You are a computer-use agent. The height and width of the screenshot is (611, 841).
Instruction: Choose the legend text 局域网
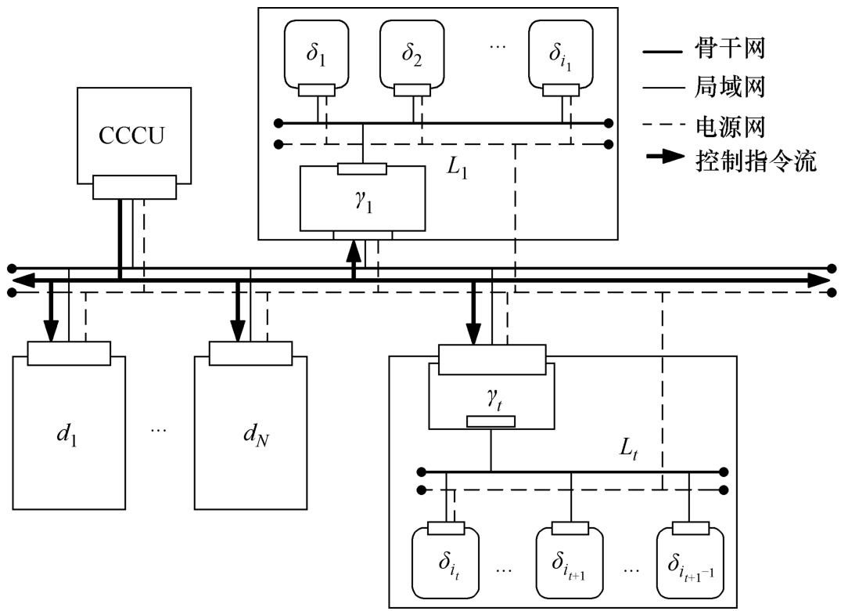(x=730, y=88)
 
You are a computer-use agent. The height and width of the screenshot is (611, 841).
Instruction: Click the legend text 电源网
(x=730, y=125)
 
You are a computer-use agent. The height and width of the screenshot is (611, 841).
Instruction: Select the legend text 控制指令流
(x=756, y=162)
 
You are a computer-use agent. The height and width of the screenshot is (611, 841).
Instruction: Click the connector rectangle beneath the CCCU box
(x=134, y=187)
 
